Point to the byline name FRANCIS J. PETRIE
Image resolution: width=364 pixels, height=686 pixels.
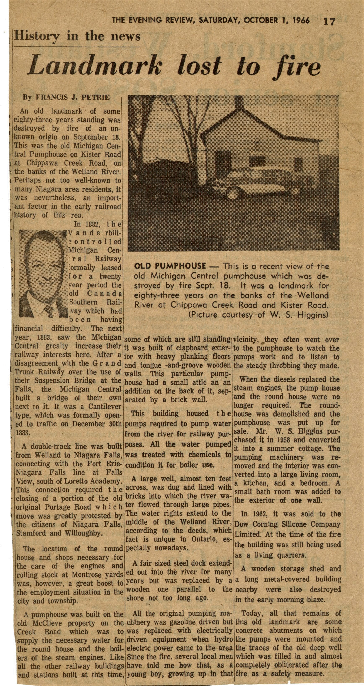click(73, 97)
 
